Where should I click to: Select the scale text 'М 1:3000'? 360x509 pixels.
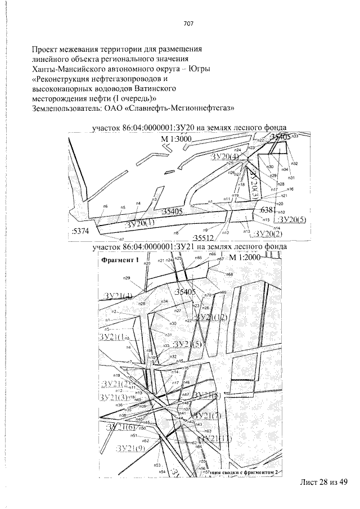(177, 139)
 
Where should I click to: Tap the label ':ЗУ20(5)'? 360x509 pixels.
(291, 219)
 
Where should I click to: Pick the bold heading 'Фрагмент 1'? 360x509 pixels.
(119, 260)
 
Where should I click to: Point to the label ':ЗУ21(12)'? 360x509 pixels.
(213, 318)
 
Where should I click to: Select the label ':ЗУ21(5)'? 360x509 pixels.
(187, 344)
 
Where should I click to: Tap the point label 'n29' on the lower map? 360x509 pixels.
(127, 278)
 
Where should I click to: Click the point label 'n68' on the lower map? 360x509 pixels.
(229, 274)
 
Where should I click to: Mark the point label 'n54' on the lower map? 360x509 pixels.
(161, 472)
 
